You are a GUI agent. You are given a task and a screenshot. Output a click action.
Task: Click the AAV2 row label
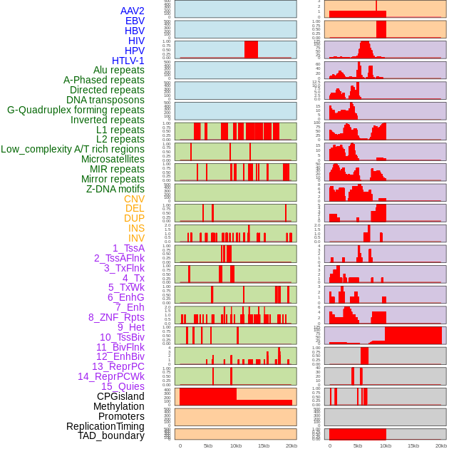pos(132,11)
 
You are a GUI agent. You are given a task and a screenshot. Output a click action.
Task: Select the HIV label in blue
pos(136,41)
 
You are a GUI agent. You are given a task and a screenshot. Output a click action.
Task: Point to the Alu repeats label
pos(119,70)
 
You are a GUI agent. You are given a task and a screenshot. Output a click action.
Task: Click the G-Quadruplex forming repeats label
pos(76,110)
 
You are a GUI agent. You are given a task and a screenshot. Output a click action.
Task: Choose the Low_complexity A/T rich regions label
pos(73,149)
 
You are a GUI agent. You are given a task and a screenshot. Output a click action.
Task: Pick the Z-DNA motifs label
pos(115,189)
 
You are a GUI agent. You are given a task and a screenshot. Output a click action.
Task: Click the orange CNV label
pos(134,199)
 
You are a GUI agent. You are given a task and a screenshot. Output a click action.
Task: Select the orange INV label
pos(136,238)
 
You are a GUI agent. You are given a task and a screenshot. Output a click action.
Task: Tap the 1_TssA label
pos(128,248)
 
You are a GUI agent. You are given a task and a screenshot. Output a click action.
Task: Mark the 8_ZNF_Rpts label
pos(116,317)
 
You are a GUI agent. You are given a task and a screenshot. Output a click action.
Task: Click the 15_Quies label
pos(122,386)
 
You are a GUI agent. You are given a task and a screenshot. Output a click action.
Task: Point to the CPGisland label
pos(120,396)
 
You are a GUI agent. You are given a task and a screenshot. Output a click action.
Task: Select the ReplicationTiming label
pos(105,426)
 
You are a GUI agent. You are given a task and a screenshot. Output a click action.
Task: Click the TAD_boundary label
pos(111,435)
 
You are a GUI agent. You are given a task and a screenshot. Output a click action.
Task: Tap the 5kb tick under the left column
pos(208,445)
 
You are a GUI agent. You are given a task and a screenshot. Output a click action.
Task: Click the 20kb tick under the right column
pos(441,445)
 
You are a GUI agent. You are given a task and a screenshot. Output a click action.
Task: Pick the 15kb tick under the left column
pos(264,445)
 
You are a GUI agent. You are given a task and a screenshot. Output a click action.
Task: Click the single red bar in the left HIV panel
pos(251,49)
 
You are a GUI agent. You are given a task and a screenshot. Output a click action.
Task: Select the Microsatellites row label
pos(113,159)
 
